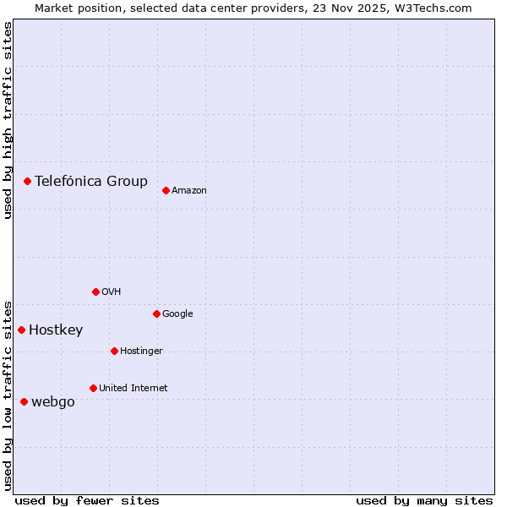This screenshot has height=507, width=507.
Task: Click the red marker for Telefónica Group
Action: [27, 181]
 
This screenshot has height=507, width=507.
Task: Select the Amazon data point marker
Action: [166, 190]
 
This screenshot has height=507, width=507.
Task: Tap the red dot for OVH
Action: [95, 292]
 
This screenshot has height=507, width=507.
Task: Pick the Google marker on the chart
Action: [156, 313]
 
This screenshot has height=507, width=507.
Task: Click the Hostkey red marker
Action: [21, 330]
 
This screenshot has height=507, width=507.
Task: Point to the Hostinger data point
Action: [114, 351]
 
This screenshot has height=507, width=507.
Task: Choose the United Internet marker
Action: [93, 388]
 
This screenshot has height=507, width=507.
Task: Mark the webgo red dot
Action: [24, 401]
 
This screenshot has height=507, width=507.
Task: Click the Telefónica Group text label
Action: [90, 181]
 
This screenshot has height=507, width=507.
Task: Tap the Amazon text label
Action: [188, 191]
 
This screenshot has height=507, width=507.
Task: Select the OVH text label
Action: [111, 292]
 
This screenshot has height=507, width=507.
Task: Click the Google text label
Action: [177, 314]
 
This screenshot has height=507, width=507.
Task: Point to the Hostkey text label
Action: [56, 330]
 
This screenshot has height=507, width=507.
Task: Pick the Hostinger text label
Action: [141, 352]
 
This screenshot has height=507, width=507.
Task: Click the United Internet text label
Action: [133, 389]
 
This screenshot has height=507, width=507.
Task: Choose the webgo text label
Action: [52, 402]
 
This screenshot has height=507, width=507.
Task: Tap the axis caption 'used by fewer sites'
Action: [86, 500]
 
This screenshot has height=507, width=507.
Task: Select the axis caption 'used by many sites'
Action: [423, 500]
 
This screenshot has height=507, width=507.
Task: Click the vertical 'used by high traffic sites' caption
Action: [8, 120]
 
